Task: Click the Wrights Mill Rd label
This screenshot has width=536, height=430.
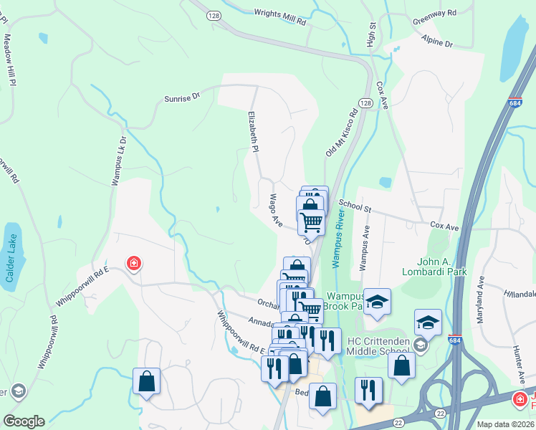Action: click(280, 17)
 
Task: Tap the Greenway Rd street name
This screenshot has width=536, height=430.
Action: click(434, 13)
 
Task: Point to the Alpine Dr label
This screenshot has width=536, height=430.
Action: click(437, 41)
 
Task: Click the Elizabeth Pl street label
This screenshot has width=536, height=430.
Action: click(252, 132)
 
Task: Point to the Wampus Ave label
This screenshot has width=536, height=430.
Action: click(364, 245)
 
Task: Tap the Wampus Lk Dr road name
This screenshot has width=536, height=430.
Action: click(118, 162)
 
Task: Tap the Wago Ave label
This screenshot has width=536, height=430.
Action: click(277, 206)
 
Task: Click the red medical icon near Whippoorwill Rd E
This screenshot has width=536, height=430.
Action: click(133, 264)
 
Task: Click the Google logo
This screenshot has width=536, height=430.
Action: click(24, 421)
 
